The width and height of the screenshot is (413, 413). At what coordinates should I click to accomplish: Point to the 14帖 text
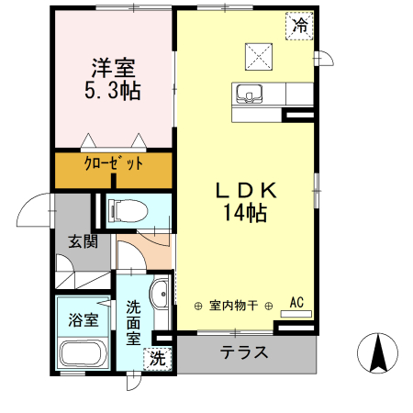point(245,214)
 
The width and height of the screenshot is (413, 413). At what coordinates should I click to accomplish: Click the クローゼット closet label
point(114,165)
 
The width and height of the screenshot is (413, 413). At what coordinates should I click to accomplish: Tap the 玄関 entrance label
point(82,242)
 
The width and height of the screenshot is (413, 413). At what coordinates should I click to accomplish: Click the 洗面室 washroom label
point(134,321)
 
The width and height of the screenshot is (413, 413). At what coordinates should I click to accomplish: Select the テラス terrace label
point(244,352)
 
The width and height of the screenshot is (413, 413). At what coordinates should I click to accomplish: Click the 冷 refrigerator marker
point(300,26)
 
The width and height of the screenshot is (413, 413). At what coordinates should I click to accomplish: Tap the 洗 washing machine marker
point(159,358)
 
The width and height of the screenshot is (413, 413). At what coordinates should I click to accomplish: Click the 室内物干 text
point(233,305)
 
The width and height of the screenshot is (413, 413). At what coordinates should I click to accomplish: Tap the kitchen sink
point(251,93)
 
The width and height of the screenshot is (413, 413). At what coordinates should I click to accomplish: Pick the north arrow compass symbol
point(375,353)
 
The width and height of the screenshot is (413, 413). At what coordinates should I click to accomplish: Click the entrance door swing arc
point(36,213)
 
